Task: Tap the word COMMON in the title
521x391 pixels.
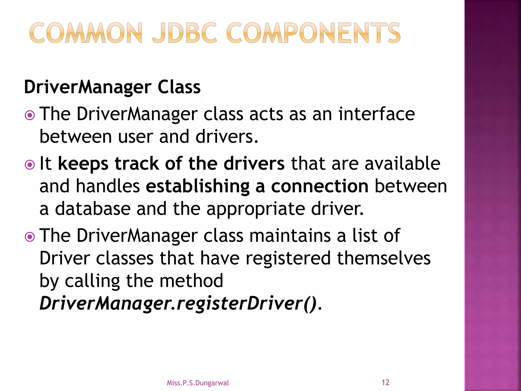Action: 85,33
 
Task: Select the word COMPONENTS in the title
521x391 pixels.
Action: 313,33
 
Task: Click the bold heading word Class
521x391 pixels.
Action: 179,87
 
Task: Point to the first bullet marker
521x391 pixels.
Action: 30,115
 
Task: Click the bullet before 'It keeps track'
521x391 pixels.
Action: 30,165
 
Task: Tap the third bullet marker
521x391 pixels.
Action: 30,237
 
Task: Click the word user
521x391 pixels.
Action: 135,136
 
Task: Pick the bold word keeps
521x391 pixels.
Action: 83,164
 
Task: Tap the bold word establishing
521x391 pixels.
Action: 198,187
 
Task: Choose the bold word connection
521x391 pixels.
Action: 320,186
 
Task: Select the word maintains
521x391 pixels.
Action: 290,235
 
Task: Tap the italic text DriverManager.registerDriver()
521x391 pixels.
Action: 178,303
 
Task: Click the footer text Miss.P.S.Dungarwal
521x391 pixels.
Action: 198,383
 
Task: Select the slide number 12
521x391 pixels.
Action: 385,382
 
